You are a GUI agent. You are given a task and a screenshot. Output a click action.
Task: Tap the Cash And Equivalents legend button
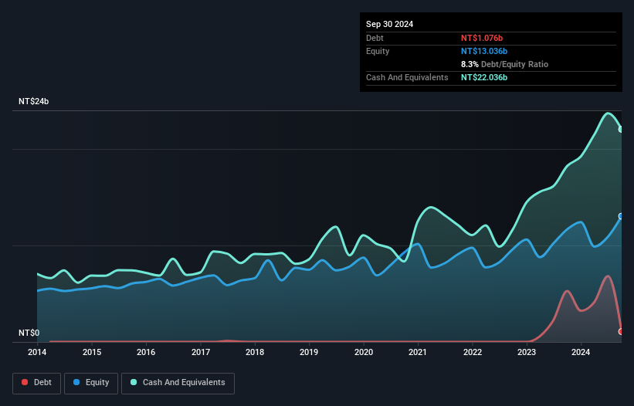coord(178,382)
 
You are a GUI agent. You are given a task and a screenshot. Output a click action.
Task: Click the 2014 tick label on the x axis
coord(37,353)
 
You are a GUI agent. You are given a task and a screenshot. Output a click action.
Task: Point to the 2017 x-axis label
coord(201,353)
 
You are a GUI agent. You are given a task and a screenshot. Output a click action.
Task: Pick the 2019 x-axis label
coord(309,353)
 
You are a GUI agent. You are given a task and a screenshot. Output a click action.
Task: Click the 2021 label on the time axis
coord(418,353)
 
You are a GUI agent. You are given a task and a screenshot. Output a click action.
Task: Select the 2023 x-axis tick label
coord(527,353)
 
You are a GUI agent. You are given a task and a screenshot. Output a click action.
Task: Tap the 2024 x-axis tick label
coord(581,353)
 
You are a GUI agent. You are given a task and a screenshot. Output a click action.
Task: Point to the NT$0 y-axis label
coord(29,333)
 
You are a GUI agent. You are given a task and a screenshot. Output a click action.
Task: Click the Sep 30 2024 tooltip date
coord(389,24)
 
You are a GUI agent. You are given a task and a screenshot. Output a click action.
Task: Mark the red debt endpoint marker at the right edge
coord(621,331)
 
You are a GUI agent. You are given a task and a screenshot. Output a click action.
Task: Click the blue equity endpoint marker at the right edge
coord(621,217)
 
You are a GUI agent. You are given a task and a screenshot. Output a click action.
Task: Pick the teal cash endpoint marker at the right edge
coord(621,130)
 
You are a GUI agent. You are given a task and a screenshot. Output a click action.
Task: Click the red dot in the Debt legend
coord(25,382)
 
